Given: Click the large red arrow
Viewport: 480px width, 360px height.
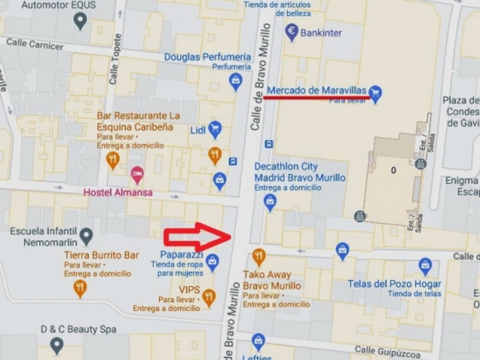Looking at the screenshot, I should (x=197, y=237).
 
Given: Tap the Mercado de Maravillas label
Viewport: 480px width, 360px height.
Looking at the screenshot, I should (x=316, y=90).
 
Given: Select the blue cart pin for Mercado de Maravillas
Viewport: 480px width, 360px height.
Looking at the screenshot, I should (x=375, y=93).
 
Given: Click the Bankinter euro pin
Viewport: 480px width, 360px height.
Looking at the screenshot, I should (x=292, y=32).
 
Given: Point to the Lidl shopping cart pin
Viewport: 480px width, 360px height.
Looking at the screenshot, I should (x=215, y=129).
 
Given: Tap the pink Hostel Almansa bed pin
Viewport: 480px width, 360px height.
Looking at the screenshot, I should (x=137, y=174).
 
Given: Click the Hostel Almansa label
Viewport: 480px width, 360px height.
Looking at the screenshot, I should (x=118, y=192).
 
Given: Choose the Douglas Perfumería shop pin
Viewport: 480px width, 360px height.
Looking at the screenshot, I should (x=235, y=82).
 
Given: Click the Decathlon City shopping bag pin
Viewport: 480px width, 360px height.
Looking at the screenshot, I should (x=270, y=202).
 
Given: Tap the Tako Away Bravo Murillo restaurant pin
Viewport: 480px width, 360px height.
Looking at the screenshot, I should (x=259, y=256).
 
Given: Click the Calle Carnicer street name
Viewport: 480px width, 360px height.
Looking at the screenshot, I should (x=35, y=44).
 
